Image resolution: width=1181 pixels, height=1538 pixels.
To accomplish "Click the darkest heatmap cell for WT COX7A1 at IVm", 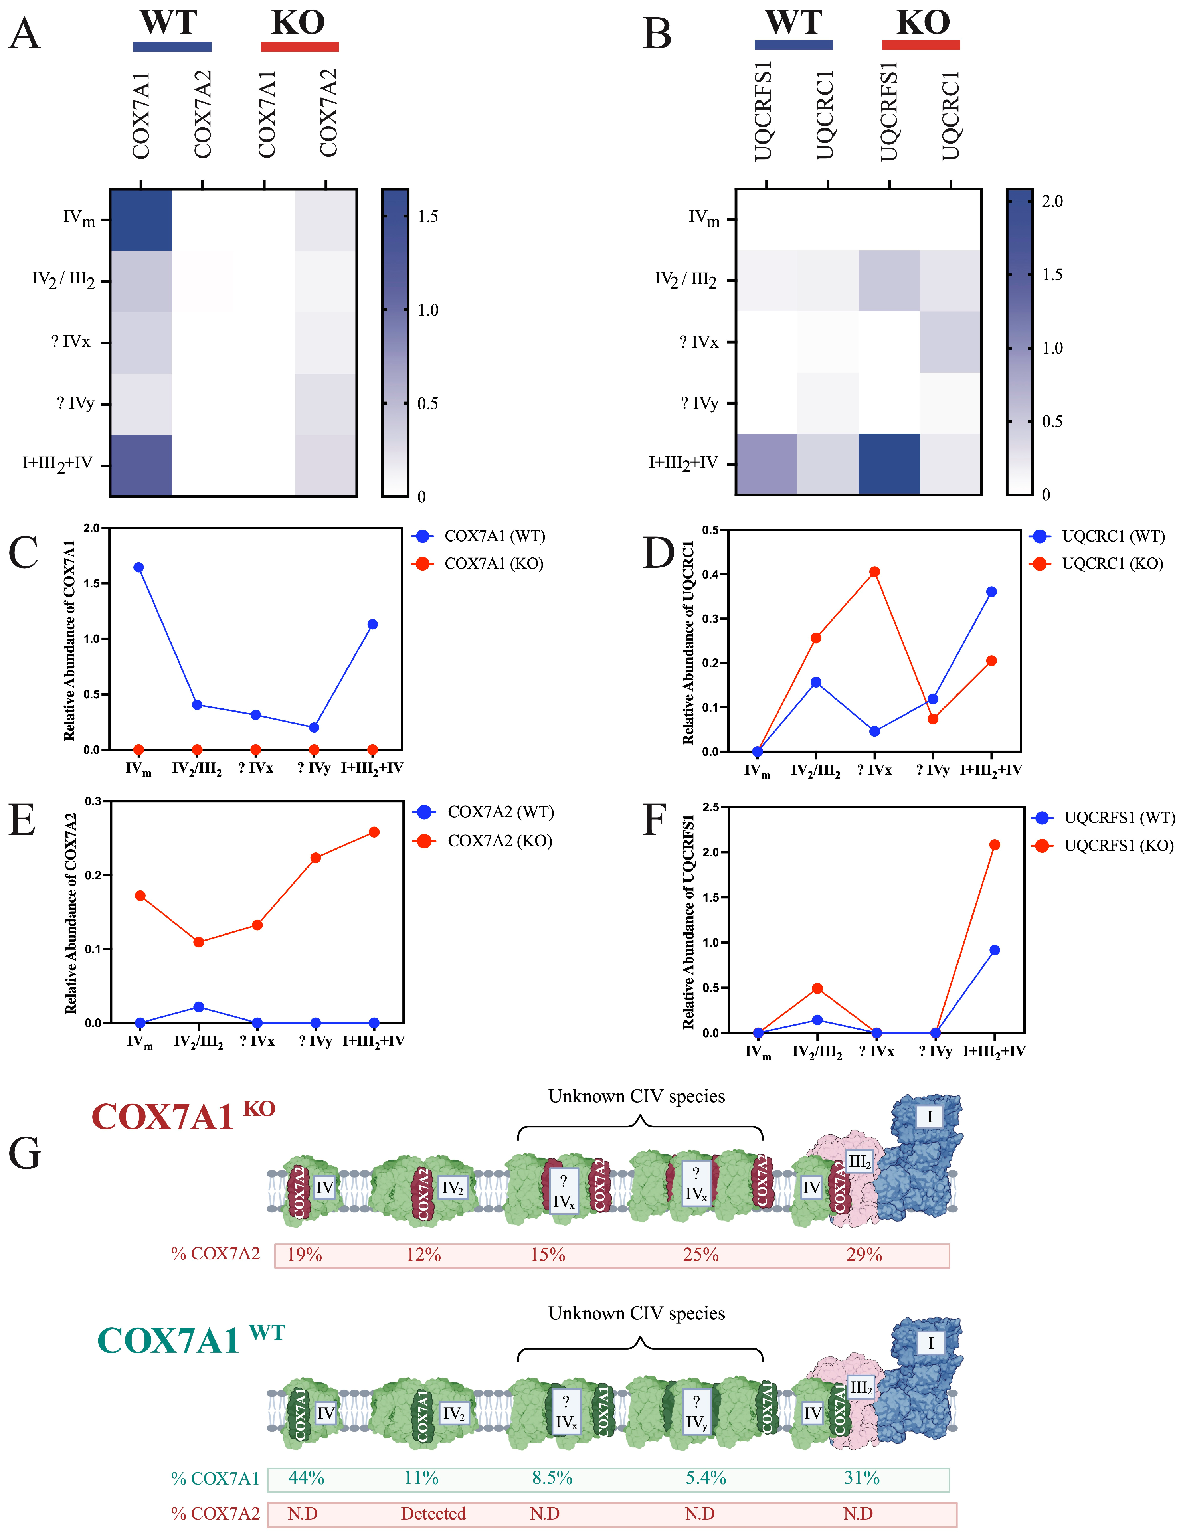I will (140, 220).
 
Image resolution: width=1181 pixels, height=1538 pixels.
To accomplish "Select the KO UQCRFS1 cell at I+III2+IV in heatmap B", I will (889, 464).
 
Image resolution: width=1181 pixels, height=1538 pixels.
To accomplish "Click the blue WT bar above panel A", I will (172, 47).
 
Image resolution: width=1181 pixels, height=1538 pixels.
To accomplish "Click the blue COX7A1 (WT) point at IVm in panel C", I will (138, 567).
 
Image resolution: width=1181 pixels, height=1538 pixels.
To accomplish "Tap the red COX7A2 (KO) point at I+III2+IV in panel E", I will (374, 832).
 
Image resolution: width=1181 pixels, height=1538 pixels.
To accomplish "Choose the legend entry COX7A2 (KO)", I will (499, 841).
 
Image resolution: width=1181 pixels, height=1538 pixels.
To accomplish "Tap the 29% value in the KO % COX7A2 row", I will (864, 1255).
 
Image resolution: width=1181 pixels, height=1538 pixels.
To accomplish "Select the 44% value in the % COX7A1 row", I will (307, 1478).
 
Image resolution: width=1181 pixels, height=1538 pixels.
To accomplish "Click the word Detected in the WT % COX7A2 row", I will (433, 1513).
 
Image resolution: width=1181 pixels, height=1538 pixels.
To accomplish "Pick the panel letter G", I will (25, 1153).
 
